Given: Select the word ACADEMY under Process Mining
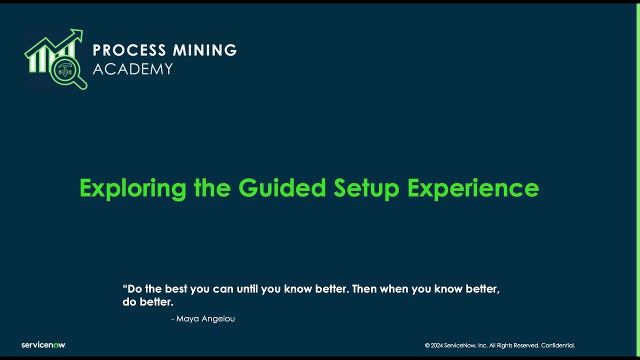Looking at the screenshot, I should tap(132, 69).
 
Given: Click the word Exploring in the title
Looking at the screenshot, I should tap(132, 188).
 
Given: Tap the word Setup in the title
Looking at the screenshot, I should tap(366, 188).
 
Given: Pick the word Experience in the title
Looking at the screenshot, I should tap(473, 188).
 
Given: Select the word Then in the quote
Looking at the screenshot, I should tap(364, 289).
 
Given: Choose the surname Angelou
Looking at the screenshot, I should tap(218, 319).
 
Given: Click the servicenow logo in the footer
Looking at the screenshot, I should tap(43, 345).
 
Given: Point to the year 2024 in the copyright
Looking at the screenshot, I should tap(437, 345).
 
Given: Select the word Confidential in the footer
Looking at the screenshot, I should tap(558, 345).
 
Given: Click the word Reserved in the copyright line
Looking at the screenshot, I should tap(526, 345).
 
